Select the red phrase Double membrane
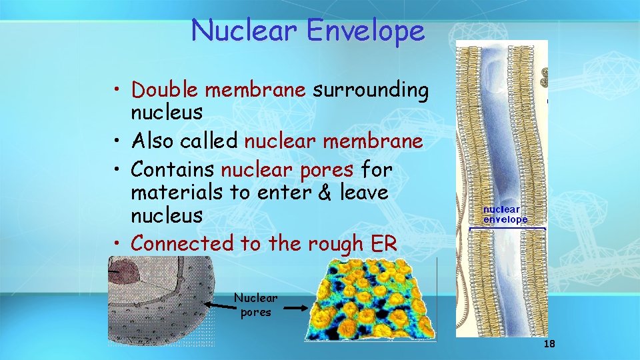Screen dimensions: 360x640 (218, 90)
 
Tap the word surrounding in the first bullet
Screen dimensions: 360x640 (371, 90)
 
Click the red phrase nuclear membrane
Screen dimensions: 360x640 (333, 141)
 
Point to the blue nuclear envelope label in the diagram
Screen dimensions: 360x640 (505, 215)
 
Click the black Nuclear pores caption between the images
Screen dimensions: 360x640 (256, 305)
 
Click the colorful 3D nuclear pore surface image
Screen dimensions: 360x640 (369, 299)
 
